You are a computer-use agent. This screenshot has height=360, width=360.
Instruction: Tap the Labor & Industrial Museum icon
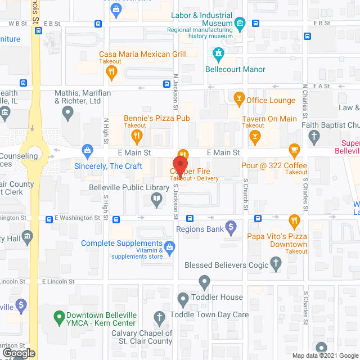click(241, 22)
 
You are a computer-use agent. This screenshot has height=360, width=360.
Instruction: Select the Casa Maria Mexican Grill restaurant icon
click(111, 71)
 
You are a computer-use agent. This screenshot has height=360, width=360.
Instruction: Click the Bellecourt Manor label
click(239, 69)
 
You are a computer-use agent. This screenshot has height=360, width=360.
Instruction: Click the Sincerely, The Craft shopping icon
click(87, 150)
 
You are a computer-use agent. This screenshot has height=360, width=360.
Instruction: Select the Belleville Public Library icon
click(156, 198)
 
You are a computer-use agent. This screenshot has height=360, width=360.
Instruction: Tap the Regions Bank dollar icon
click(230, 227)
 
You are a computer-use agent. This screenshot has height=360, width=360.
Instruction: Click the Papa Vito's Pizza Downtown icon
click(293, 220)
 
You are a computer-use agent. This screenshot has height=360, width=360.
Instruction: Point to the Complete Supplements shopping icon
click(170, 246)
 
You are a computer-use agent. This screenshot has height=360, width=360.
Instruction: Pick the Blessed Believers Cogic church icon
click(275, 263)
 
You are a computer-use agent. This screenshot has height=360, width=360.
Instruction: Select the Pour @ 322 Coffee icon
click(293, 150)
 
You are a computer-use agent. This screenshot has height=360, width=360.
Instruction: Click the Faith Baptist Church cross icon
click(314, 136)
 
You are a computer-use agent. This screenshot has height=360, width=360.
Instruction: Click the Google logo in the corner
click(19, 353)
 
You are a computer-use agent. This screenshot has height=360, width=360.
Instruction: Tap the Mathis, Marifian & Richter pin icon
click(68, 114)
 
